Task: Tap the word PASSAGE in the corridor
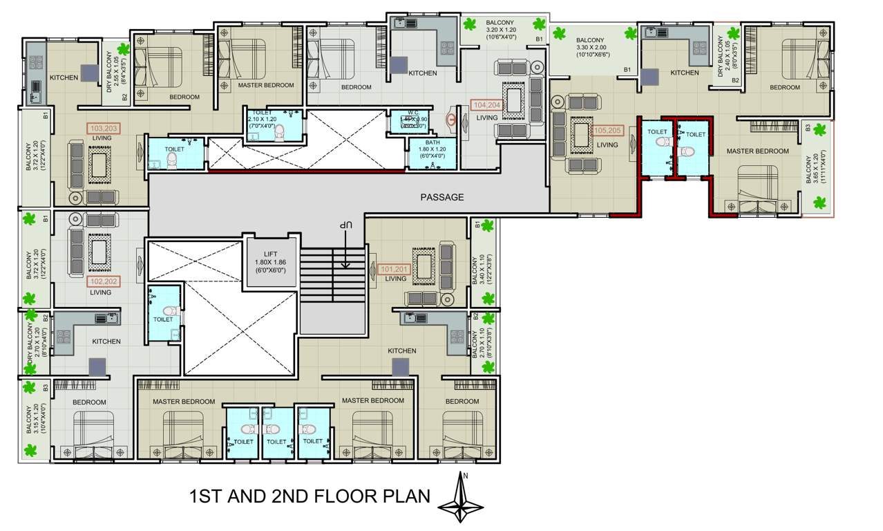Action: tap(442, 197)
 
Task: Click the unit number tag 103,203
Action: tap(102, 128)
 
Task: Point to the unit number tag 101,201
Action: tap(395, 268)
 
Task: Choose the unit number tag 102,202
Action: tap(101, 281)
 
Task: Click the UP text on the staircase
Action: tap(341, 227)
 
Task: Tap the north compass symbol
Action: tap(461, 499)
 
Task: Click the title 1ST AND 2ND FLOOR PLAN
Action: tap(310, 496)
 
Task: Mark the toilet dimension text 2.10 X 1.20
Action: tap(263, 119)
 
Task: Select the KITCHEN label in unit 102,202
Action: tap(106, 342)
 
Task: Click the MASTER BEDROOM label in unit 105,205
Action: tap(757, 151)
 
